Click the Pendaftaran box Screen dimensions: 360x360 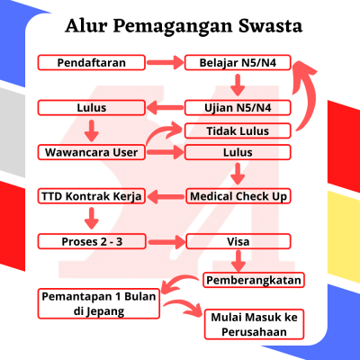tap(92, 63)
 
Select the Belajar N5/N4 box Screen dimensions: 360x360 tap(238, 63)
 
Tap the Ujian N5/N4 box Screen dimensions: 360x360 tap(238, 108)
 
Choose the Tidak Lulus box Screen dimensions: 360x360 tap(238, 130)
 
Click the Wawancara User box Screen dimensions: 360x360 tap(92, 152)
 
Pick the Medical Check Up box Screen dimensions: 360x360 tap(238, 196)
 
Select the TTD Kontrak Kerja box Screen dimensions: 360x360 tap(92, 196)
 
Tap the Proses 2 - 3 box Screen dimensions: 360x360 tap(92, 241)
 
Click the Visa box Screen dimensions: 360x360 tap(238, 241)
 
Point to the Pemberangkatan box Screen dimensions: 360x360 tap(254, 280)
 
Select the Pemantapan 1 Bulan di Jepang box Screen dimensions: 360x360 tap(99, 303)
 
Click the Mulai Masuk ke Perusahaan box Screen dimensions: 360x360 tap(254, 325)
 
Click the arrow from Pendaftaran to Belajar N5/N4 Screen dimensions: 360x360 tap(165, 63)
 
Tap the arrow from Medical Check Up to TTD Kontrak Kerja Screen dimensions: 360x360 tap(166, 197)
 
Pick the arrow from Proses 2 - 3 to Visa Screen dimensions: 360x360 tap(166, 242)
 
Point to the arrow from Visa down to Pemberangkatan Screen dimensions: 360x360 tap(238, 261)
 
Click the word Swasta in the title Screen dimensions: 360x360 tap(270, 25)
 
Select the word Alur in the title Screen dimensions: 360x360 tap(86, 25)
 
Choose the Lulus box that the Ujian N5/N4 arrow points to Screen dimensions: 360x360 tap(92, 108)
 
